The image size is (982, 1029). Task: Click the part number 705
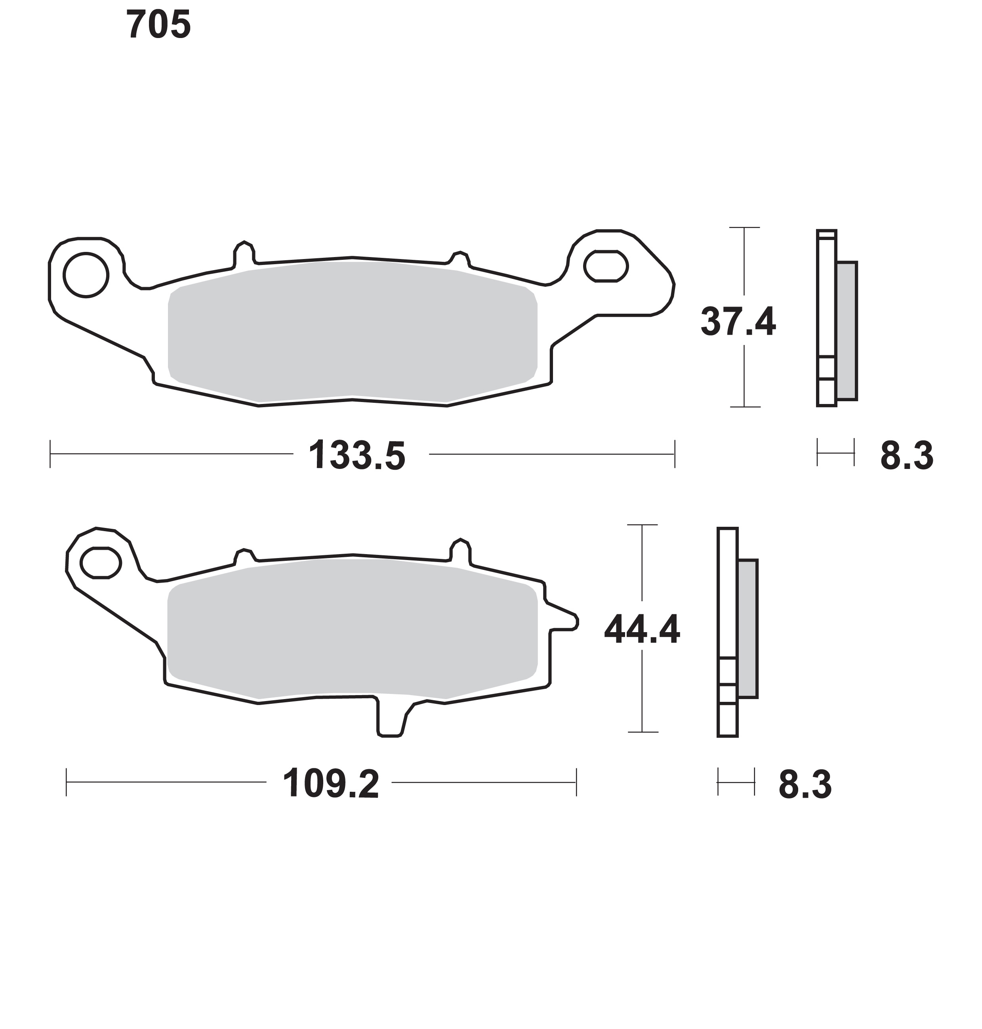[158, 25]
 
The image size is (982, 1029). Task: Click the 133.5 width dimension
[357, 456]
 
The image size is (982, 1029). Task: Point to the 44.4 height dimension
[642, 630]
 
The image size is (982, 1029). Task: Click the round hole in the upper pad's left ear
[86, 275]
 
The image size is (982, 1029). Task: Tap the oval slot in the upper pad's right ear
[606, 266]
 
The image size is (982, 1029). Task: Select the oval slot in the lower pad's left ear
[101, 563]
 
